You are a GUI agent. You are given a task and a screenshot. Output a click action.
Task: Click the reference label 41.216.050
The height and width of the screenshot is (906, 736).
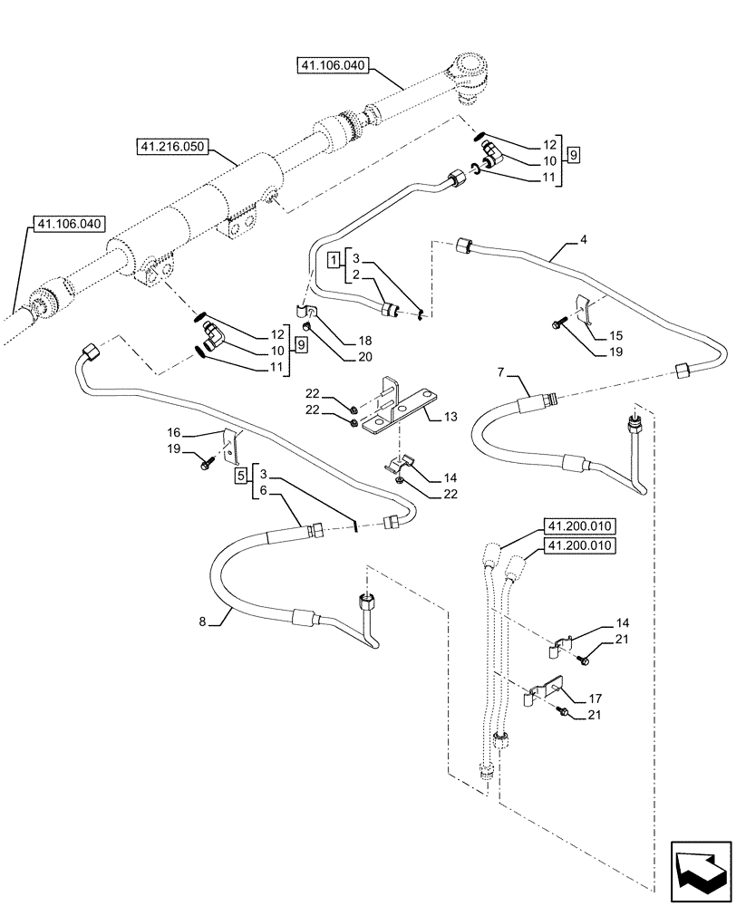[174, 145]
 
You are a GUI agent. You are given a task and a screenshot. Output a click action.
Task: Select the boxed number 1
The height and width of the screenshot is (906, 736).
[334, 260]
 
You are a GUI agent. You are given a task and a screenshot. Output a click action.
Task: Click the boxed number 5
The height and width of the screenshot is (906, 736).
[240, 475]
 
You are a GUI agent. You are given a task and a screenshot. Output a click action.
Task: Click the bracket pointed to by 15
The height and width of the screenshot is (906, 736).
[585, 310]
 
